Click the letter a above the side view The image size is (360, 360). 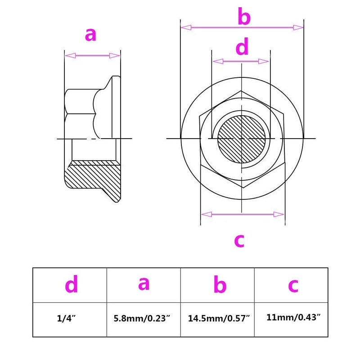[90, 35]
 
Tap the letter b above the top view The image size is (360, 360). [244, 16]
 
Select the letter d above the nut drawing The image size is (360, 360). [242, 47]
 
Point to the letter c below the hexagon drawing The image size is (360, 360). [239, 241]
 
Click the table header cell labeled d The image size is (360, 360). [70, 285]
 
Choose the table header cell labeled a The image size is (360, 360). [144, 285]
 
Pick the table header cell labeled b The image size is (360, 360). [217, 285]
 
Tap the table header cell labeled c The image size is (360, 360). [291, 285]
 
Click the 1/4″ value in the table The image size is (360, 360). [66, 319]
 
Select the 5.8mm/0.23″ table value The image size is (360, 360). [142, 319]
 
